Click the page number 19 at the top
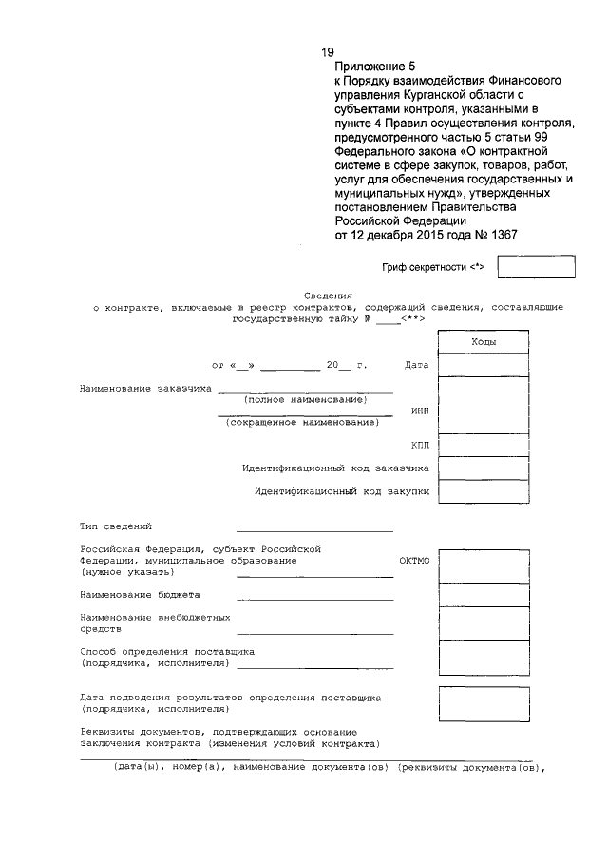(x=328, y=52)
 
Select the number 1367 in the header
(x=499, y=236)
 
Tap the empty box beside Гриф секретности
(x=537, y=267)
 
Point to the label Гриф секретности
(x=433, y=268)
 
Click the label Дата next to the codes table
(x=416, y=365)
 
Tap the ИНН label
(x=420, y=411)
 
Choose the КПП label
(x=420, y=444)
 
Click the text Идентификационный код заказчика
(x=335, y=468)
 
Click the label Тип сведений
(x=115, y=526)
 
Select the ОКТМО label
(x=414, y=561)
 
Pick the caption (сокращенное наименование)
(x=301, y=422)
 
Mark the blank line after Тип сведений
(x=314, y=529)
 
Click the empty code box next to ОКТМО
(x=484, y=565)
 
